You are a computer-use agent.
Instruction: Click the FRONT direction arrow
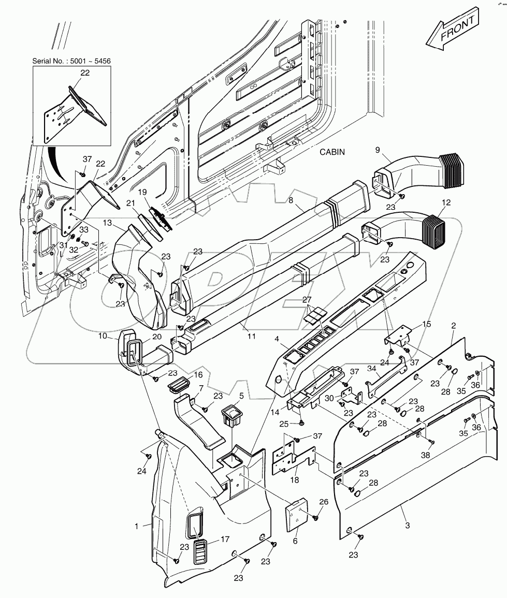(451, 31)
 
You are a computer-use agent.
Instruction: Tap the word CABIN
(332, 152)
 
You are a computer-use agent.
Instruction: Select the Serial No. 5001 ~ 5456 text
(71, 61)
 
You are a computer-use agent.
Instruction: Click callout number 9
(378, 150)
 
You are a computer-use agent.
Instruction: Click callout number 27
(307, 299)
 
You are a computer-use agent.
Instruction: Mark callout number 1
(137, 526)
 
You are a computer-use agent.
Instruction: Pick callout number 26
(324, 501)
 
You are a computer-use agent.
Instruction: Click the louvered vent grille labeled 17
(201, 552)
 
